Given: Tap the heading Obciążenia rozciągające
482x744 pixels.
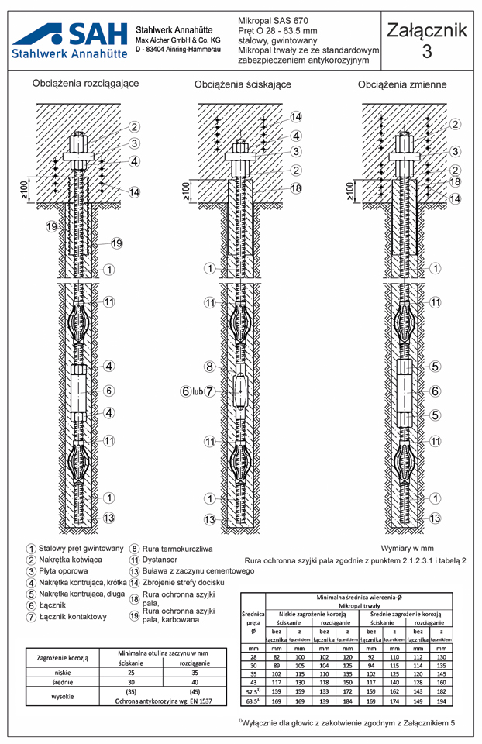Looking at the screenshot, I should pyautogui.click(x=86, y=83).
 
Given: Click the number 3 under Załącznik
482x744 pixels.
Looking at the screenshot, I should pyautogui.click(x=427, y=52).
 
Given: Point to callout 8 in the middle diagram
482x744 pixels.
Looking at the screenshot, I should pyautogui.click(x=209, y=366).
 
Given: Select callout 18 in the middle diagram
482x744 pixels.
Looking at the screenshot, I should pyautogui.click(x=296, y=188).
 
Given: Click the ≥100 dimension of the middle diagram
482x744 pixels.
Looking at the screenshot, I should pyautogui.click(x=185, y=190).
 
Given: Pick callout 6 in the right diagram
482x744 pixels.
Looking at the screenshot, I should pyautogui.click(x=435, y=391).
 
